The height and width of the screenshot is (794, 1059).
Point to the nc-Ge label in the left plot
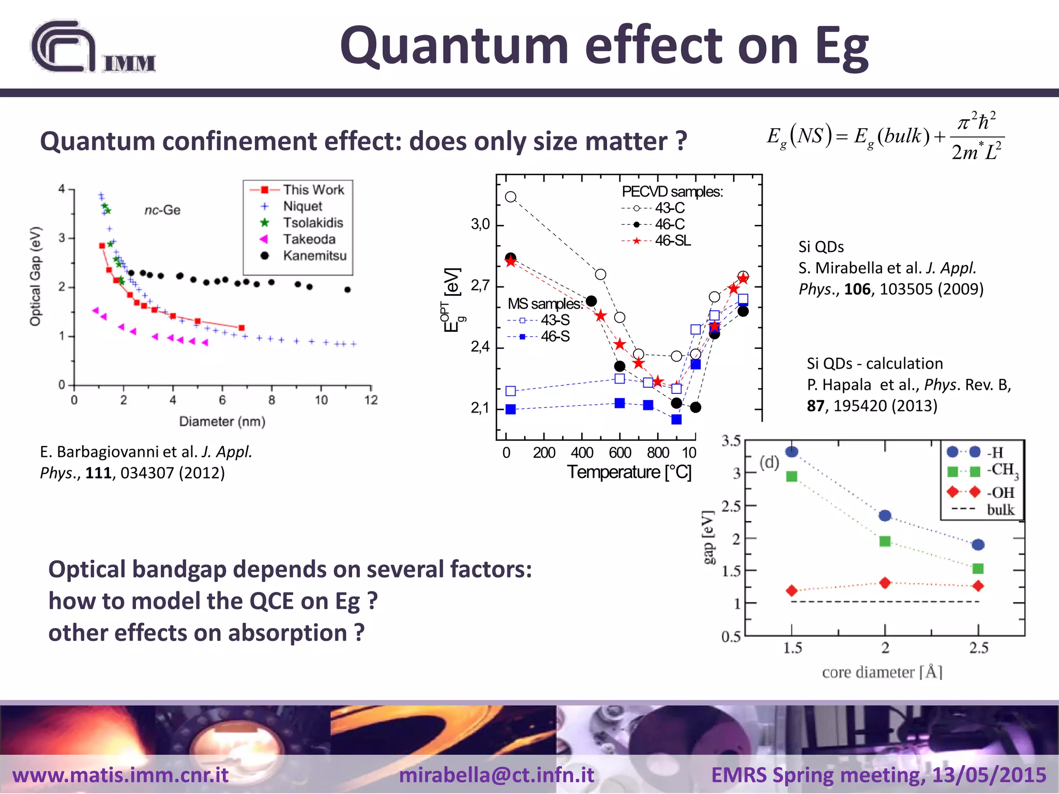point(162,210)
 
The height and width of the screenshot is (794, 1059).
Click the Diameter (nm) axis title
point(222,422)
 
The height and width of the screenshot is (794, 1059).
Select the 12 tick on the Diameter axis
point(371,400)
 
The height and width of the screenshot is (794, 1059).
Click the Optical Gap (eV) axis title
point(35,277)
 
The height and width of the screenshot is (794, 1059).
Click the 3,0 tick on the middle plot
point(480,225)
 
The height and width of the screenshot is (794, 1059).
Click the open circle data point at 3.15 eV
point(510,197)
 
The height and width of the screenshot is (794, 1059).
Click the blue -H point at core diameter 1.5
point(792,452)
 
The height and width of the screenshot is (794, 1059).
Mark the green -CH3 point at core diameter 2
point(885,541)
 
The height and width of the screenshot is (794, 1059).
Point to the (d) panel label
point(769,462)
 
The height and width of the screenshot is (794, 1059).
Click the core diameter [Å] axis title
point(882,672)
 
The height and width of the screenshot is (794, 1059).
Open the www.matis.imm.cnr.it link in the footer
point(120,775)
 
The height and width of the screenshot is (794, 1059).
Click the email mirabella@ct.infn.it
point(496,775)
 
